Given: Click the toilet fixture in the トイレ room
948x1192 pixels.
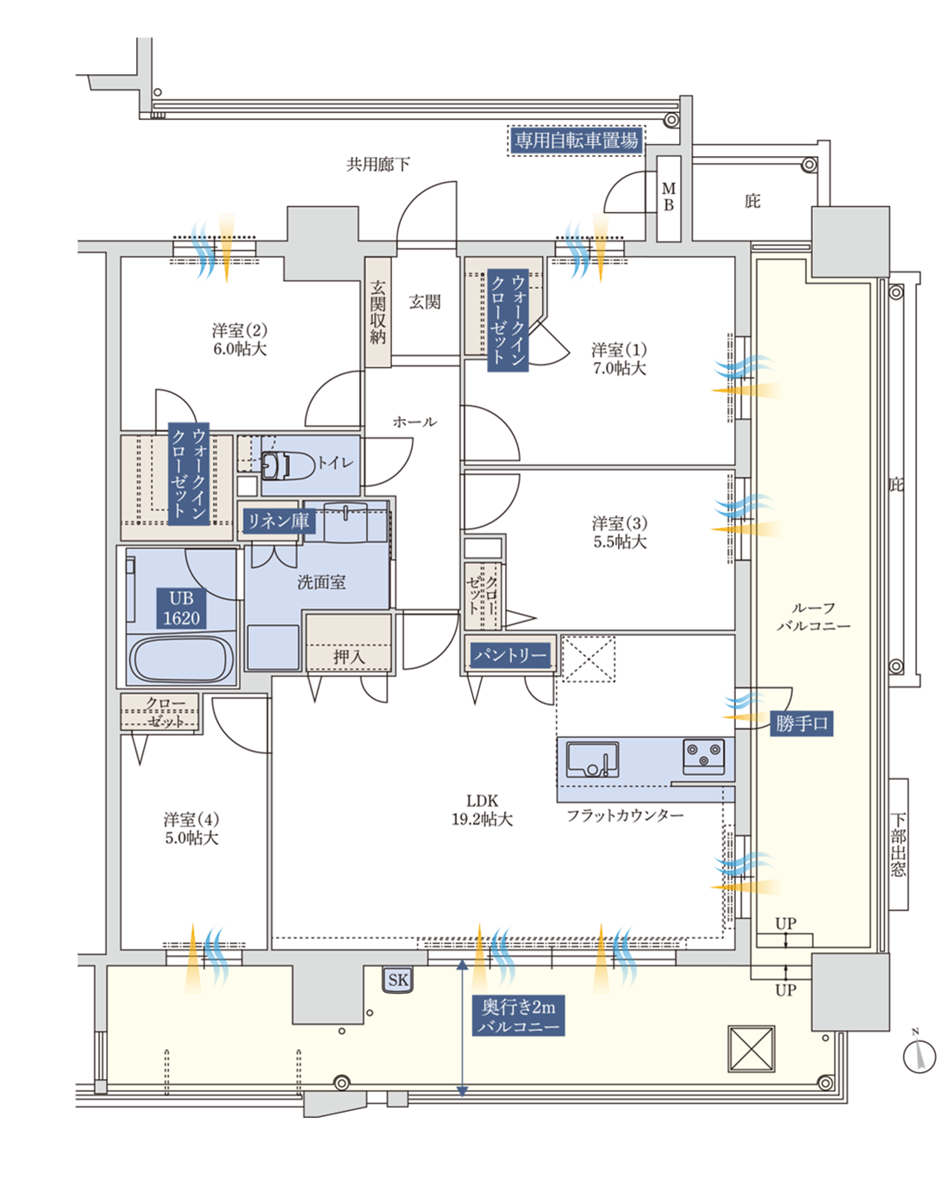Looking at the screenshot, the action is pos(286,465).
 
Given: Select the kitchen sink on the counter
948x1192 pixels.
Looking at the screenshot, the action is pos(592,758).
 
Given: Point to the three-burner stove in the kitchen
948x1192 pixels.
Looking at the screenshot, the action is pos(703,756).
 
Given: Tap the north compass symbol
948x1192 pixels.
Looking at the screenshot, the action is pos(920,1055).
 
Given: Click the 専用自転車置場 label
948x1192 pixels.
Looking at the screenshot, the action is pos(577,140).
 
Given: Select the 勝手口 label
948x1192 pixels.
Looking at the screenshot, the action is pos(801,723).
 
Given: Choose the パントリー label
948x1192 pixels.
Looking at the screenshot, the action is pos(509,656).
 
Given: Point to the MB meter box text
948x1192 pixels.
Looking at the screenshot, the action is pos(669,197).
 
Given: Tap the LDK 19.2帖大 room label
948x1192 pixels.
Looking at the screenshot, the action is pos(482,810).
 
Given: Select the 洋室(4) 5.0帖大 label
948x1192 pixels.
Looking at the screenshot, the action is pos(191,828).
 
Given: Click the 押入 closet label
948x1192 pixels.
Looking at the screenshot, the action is pos(349,657).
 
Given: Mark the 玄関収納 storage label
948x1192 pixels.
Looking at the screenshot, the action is pos(377,312).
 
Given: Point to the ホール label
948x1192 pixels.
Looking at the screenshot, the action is pos(415,422).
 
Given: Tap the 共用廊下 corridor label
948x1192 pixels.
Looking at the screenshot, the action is pos(377,164).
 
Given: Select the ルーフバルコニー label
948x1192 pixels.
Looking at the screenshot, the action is pos(814,617).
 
